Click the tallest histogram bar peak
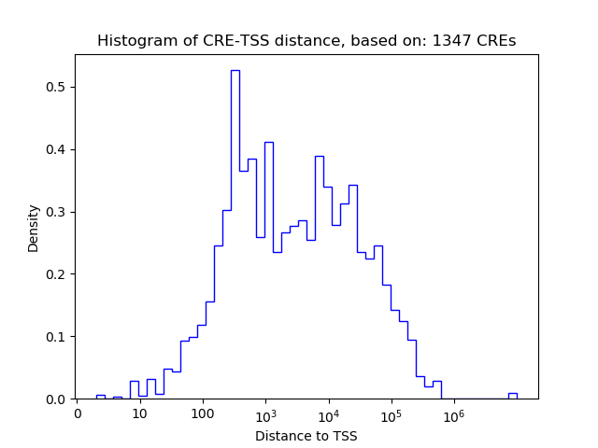click(235, 71)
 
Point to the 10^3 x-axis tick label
click(265, 413)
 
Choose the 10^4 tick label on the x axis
click(328, 413)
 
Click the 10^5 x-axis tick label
click(391, 413)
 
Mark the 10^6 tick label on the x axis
click(453, 413)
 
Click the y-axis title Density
click(34, 228)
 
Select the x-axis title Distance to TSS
click(306, 435)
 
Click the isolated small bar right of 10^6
click(513, 396)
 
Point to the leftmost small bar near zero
click(100, 397)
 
